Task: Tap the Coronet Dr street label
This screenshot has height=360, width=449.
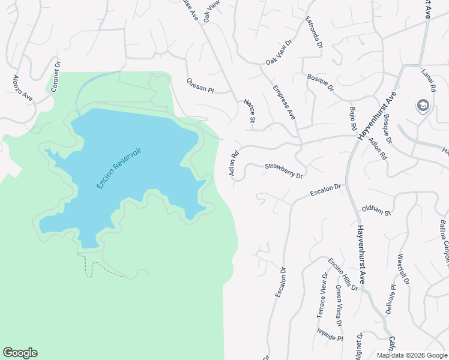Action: [55, 76]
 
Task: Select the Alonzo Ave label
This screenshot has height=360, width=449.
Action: [23, 89]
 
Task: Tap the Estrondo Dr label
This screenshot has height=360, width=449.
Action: [314, 32]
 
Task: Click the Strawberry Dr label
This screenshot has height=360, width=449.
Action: [283, 170]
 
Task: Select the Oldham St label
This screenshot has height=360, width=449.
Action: [376, 210]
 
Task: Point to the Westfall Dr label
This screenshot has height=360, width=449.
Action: [403, 270]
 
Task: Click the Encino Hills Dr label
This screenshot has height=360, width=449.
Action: [343, 274]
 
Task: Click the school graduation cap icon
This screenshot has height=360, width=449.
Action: [423, 106]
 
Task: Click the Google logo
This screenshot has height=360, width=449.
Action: [20, 353]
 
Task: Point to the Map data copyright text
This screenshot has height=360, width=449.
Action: [412, 355]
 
